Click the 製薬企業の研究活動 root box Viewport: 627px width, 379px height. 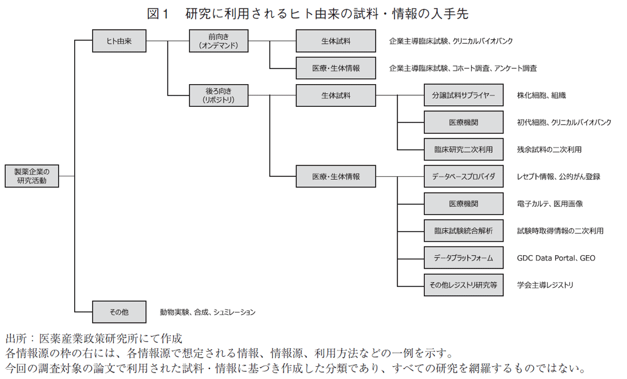click(x=33, y=176)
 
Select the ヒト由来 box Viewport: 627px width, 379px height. click(x=119, y=41)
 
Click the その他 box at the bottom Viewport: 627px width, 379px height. click(x=119, y=312)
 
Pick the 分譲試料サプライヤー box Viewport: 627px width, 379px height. click(x=464, y=95)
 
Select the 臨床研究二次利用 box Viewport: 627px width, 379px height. click(x=464, y=149)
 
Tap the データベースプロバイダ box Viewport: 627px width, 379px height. click(x=464, y=176)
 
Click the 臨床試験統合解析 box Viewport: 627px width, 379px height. click(x=464, y=231)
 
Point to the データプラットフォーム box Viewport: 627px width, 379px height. click(x=464, y=258)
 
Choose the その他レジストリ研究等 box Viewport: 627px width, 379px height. click(x=464, y=285)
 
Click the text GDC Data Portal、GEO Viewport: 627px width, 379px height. click(x=556, y=258)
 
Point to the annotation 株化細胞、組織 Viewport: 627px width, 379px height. click(x=541, y=95)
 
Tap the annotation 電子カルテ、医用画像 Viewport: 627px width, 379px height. click(x=549, y=204)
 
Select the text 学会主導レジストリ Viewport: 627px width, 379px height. click(x=545, y=285)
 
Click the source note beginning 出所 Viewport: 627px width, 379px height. click(x=93, y=339)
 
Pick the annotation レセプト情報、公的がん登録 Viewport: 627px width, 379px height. click(x=558, y=176)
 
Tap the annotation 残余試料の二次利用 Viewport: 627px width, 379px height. click(x=549, y=149)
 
